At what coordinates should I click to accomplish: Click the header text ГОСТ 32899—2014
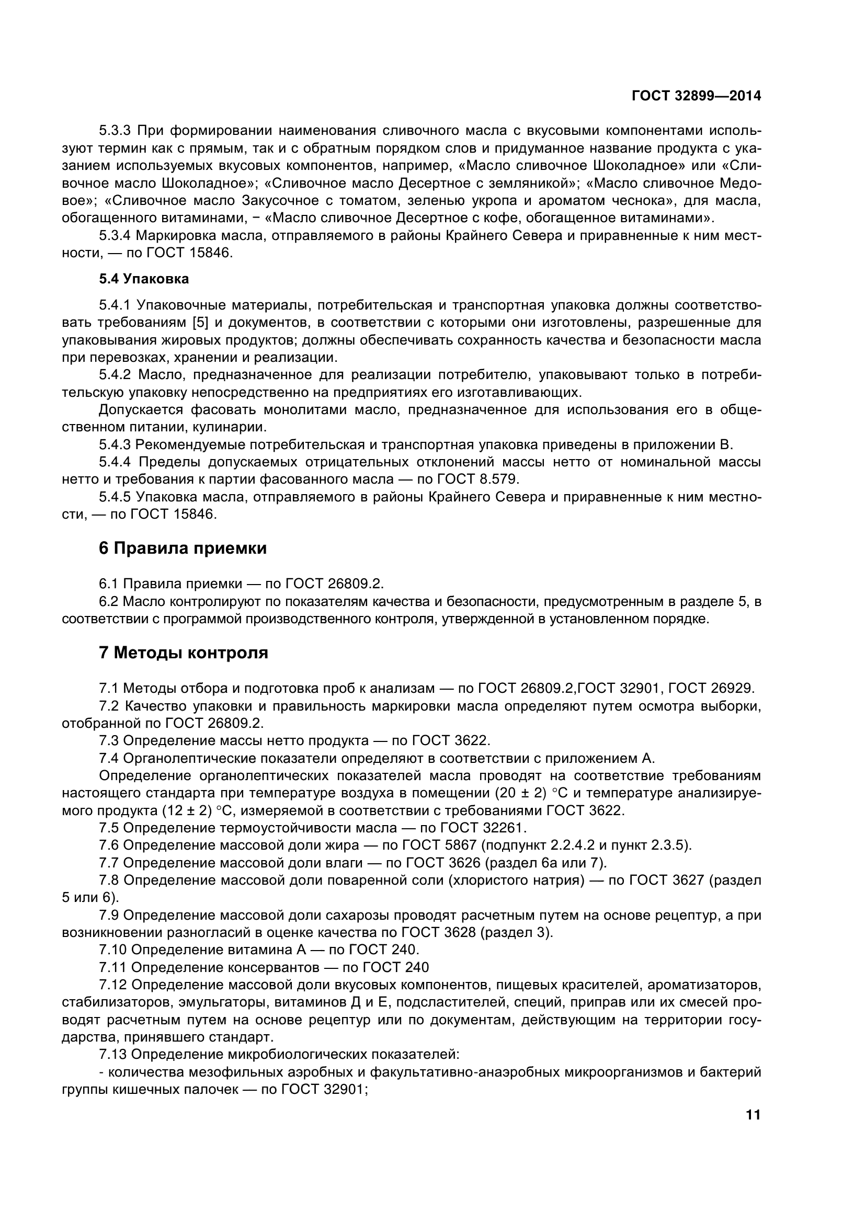coord(696,96)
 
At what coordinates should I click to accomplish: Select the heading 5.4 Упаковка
coord(144,279)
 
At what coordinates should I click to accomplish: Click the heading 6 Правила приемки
coord(183,548)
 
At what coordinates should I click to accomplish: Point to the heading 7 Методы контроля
coord(183,653)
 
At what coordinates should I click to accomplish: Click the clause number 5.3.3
coord(115,131)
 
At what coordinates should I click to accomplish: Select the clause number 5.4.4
coord(115,462)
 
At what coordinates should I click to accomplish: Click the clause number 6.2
coord(109,602)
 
